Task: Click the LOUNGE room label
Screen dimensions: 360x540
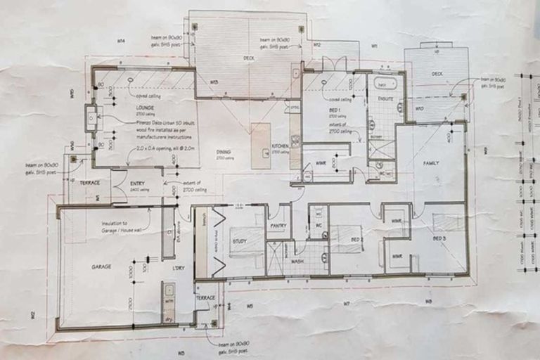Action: coord(146,108)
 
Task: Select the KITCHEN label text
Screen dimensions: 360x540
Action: coord(281,146)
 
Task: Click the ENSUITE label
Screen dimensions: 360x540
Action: coord(385,100)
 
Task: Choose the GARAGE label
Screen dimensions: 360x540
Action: coord(102,267)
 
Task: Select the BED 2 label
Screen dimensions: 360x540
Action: coord(356,239)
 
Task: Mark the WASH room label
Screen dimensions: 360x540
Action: coord(297,261)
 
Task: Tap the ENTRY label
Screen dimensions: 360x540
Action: coord(138,184)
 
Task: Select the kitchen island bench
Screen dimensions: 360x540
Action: coord(260,145)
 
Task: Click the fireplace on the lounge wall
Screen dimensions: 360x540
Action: coord(91,119)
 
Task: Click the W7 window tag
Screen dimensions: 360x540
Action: coord(347,303)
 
